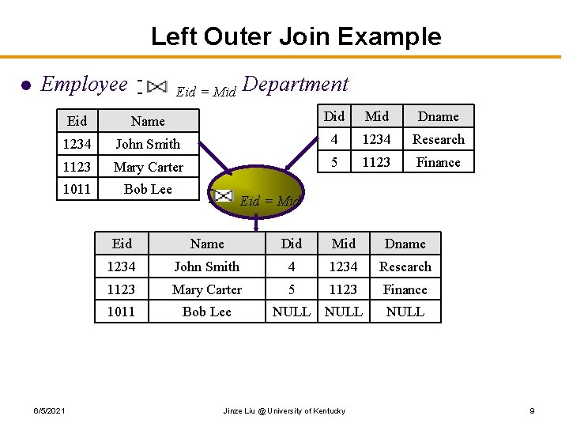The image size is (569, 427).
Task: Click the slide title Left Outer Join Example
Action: click(296, 36)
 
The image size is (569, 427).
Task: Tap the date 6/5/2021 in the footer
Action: click(49, 410)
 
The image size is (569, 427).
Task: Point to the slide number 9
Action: click(532, 410)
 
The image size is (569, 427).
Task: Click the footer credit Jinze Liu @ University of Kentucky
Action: click(284, 410)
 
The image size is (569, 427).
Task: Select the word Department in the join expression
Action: click(296, 84)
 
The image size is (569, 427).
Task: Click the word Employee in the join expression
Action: click(84, 84)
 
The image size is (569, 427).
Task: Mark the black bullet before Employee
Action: click(24, 85)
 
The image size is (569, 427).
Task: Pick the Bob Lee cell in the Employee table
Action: click(148, 189)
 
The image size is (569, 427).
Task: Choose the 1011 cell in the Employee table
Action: click(77, 189)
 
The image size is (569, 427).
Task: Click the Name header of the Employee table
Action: click(148, 121)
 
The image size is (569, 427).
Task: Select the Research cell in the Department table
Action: click(438, 139)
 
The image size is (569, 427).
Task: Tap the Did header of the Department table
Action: click(334, 116)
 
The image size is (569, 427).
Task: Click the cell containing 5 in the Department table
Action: click(334, 162)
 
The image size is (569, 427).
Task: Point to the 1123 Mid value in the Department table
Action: click(376, 162)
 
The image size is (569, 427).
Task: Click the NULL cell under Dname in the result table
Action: click(405, 312)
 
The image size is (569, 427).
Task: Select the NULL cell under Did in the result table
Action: click(291, 312)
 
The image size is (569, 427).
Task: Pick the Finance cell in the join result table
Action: click(405, 289)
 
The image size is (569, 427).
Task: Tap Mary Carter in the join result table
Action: click(206, 289)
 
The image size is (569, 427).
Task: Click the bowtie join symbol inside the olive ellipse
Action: click(224, 195)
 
